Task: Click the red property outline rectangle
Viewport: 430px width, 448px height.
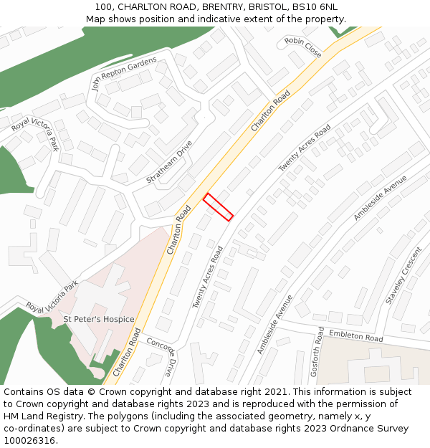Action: click(x=218, y=207)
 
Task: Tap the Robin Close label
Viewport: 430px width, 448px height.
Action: click(x=303, y=47)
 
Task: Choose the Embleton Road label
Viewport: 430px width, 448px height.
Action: click(x=356, y=335)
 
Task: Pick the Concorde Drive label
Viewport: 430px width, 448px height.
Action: click(x=161, y=356)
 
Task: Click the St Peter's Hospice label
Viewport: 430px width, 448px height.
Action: click(x=99, y=319)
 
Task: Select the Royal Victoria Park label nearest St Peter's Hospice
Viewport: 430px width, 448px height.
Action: click(x=52, y=297)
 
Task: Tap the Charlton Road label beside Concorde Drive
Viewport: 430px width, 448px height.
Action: click(x=126, y=352)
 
